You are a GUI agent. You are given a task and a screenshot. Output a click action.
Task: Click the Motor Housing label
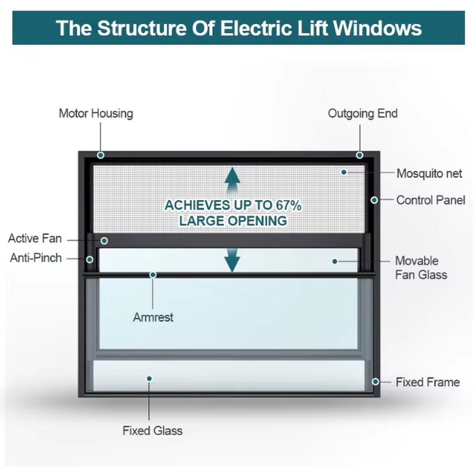point(95,114)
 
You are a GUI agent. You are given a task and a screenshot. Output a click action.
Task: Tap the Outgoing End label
point(363,114)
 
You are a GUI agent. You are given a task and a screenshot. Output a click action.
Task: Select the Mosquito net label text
point(429,174)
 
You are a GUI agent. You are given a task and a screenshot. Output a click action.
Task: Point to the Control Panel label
point(430,200)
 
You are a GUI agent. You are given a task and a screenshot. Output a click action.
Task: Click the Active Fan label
point(35,238)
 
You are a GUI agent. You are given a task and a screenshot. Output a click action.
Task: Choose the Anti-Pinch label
point(36,258)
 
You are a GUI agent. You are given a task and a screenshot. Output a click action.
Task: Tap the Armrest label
point(153,318)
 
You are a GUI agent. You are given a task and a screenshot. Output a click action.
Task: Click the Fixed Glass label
point(152,431)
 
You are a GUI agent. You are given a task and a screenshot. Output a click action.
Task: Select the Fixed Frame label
point(427,382)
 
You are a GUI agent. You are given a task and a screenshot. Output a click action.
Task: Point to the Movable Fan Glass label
point(421,268)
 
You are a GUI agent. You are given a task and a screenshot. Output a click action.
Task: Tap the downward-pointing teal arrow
point(233,260)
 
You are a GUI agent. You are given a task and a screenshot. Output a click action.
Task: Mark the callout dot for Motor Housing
point(100,155)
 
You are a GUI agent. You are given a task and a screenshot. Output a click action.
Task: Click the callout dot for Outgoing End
point(360,155)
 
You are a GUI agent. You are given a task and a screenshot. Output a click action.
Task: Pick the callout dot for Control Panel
point(375,200)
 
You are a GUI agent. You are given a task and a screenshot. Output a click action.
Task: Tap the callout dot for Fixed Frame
point(376,381)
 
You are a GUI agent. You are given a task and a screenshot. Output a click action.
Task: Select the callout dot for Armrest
point(153,275)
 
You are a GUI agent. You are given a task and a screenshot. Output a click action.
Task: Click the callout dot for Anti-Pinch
point(90,260)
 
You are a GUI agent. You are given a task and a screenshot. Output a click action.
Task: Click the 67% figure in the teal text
point(288,205)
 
